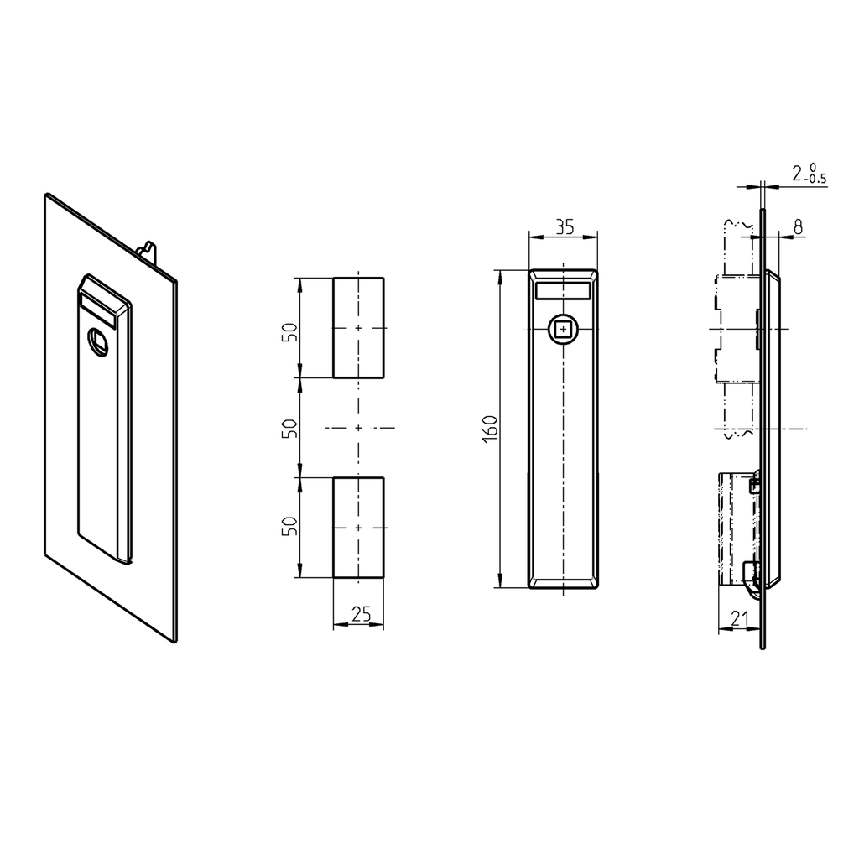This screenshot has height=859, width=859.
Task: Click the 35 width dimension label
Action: (x=563, y=226)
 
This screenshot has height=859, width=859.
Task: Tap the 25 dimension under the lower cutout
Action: (x=360, y=615)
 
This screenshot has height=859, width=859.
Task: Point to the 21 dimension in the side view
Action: (x=739, y=619)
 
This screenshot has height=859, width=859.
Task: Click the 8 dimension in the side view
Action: (x=797, y=226)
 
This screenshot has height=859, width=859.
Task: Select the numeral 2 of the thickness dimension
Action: (x=797, y=174)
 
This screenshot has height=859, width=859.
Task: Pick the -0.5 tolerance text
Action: (x=815, y=179)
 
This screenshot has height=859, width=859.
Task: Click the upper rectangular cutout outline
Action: (x=358, y=327)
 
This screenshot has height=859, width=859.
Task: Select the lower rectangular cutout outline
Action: (x=358, y=528)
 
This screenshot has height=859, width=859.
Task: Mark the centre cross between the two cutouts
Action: (x=358, y=428)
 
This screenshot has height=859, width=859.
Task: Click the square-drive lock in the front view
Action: (x=562, y=330)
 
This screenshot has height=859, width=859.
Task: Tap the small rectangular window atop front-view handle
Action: (x=562, y=290)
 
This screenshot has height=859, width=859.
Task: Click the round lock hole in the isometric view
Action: (x=98, y=341)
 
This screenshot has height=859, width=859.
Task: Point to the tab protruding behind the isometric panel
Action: (x=148, y=251)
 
